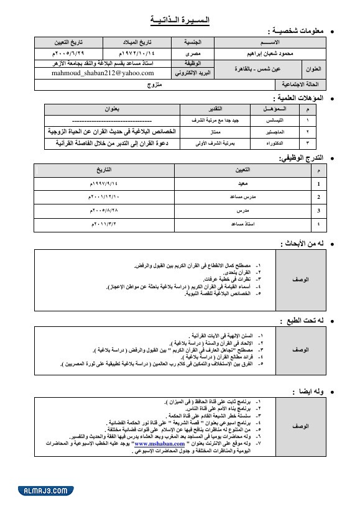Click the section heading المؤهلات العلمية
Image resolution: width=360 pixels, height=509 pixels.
pos(300,98)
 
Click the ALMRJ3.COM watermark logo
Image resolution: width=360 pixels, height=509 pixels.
pos(39,491)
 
